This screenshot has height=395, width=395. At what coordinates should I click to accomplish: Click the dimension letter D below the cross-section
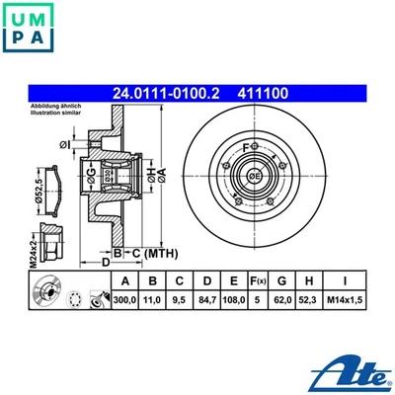[106, 263]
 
